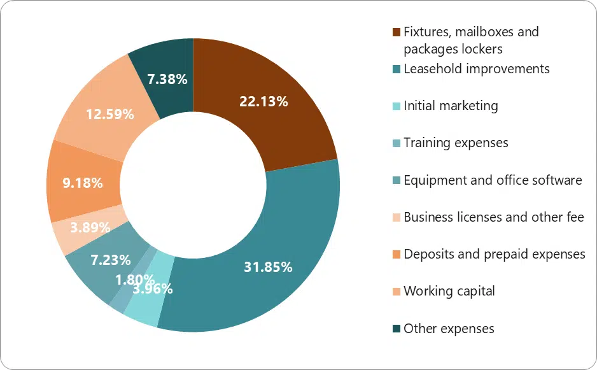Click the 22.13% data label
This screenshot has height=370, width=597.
pos(263,101)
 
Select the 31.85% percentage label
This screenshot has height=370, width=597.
pos(268,267)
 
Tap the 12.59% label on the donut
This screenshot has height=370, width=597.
pos(109,115)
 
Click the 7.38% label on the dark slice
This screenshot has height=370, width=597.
pos(167,80)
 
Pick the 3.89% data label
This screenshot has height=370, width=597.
pos(90,227)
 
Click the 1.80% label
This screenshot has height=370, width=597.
pos(135,279)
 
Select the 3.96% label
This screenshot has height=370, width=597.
pos(153,288)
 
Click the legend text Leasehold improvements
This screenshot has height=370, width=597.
pos(477,69)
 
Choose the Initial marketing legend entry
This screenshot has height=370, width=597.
pos(451,106)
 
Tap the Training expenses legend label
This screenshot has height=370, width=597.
pos(456,143)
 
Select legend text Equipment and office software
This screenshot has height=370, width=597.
pos(493,180)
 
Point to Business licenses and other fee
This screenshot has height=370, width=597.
pos(494,217)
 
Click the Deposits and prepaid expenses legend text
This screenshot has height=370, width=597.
pos(495,254)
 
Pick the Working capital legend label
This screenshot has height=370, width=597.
pos(449,291)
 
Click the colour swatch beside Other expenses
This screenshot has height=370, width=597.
pos(397,329)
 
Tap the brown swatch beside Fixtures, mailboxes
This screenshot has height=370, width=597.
pos(397,32)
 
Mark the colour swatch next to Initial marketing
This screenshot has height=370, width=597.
pos(397,106)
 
